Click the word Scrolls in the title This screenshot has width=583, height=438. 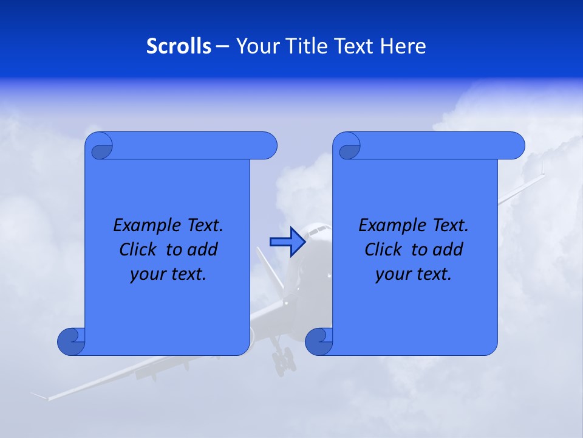pyautogui.click(x=179, y=46)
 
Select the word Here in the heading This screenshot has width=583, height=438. pyautogui.click(x=403, y=46)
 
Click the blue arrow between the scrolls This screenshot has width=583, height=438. pyautogui.click(x=287, y=242)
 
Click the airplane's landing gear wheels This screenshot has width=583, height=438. pyautogui.click(x=283, y=362)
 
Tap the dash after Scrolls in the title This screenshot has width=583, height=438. pyautogui.click(x=222, y=46)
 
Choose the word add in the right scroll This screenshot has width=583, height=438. pyautogui.click(x=449, y=249)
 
